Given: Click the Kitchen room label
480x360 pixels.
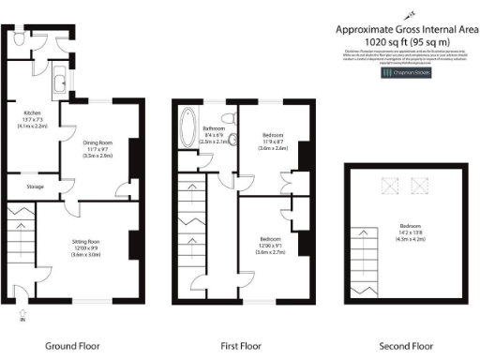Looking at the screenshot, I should tap(31, 119).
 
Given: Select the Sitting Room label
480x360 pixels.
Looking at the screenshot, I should tap(85, 247).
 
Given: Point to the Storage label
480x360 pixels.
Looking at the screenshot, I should tap(35, 187).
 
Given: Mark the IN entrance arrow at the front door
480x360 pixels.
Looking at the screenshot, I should tap(22, 319).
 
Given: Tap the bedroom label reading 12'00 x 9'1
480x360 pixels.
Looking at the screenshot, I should tap(269, 246).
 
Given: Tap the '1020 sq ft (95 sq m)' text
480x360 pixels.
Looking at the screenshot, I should tap(407, 42).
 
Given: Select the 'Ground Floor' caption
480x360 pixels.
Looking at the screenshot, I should tap(73, 346).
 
